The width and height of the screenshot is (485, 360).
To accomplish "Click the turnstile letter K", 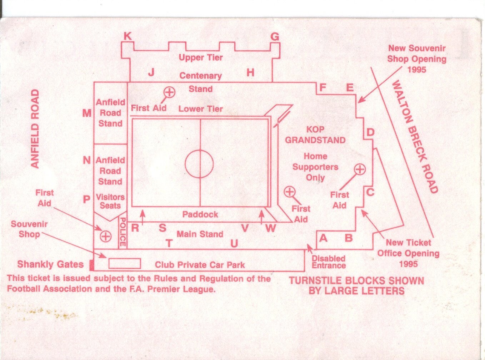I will [x=127, y=36].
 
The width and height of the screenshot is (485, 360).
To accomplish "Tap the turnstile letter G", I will [x=275, y=36].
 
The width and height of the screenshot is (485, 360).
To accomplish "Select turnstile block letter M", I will [x=87, y=113].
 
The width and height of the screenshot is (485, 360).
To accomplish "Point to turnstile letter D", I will [x=371, y=133].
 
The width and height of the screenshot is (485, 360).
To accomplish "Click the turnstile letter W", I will [x=270, y=228].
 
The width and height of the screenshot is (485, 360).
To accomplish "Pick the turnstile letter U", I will [x=234, y=244].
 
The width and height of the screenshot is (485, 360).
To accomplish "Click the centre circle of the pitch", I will [x=199, y=164].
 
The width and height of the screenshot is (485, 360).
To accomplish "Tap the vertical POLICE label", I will [x=122, y=232].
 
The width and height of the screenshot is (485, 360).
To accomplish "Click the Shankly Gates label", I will [x=50, y=264].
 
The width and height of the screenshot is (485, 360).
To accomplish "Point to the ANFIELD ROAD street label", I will [x=35, y=128].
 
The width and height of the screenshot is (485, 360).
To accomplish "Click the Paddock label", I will [x=200, y=214].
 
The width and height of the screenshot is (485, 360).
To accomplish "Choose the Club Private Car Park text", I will [x=200, y=265].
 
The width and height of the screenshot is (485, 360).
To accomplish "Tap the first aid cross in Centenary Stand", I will [x=169, y=92].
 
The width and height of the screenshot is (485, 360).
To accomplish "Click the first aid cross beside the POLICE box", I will [x=106, y=236].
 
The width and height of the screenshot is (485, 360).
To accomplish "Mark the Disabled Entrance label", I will [x=329, y=262].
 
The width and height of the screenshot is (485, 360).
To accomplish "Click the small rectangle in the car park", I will [x=124, y=264].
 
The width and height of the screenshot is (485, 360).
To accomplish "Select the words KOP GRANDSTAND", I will [x=315, y=135].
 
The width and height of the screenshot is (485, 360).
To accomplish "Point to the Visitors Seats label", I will [x=110, y=201].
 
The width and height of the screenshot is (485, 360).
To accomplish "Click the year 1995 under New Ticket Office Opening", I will [x=408, y=264].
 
